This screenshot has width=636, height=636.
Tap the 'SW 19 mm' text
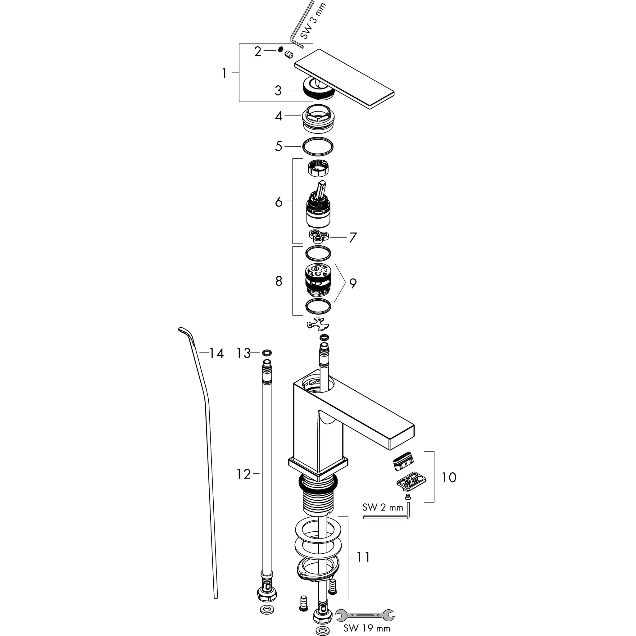coord(366,628)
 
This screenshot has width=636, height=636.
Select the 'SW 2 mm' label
coord(383,507)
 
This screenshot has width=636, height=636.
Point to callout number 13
coord(243,353)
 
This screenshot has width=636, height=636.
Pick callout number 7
coord(353,237)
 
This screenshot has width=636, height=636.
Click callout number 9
coord(353,283)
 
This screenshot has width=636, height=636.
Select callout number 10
coord(449,477)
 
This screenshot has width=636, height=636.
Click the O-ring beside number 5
coord(318,146)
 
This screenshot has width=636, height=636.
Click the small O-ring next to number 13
coord(267,353)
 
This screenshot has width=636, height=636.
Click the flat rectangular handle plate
coord(344,79)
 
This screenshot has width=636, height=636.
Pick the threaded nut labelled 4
coord(318,119)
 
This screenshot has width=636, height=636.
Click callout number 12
coord(243,475)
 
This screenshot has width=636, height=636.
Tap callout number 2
coord(258,52)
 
